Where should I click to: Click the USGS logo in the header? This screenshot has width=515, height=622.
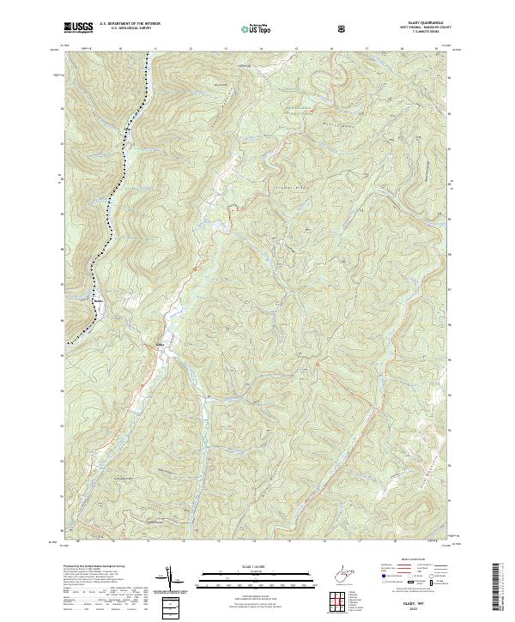pyautogui.click(x=79, y=27)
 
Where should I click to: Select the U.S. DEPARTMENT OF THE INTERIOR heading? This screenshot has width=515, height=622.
pyautogui.click(x=130, y=24)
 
